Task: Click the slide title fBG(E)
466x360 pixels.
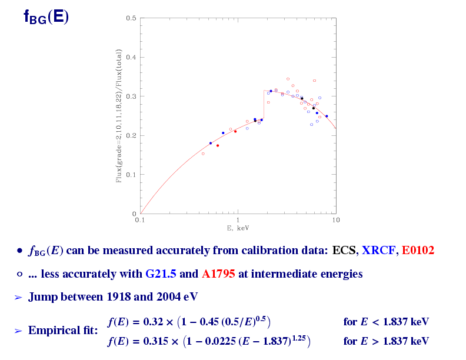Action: pyautogui.click(x=46, y=16)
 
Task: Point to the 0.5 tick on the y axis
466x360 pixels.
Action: pyautogui.click(x=131, y=18)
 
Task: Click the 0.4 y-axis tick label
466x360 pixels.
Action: pyautogui.click(x=131, y=57)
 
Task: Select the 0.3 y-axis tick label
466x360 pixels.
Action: pyautogui.click(x=131, y=96)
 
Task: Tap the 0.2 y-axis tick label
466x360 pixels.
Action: pyautogui.click(x=131, y=135)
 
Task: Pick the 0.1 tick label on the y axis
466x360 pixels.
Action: pyautogui.click(x=131, y=175)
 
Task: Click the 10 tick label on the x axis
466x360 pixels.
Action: pyautogui.click(x=335, y=220)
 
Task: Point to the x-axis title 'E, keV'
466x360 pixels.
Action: pyautogui.click(x=238, y=227)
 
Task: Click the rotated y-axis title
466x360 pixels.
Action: pyautogui.click(x=119, y=116)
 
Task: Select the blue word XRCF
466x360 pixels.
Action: pyautogui.click(x=379, y=251)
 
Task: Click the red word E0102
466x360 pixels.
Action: pyautogui.click(x=418, y=251)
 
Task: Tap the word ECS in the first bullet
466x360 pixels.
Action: pyautogui.click(x=344, y=251)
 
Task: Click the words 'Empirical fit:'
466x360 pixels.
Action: pyautogui.click(x=63, y=331)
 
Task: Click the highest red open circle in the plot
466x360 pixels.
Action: pyautogui.click(x=288, y=79)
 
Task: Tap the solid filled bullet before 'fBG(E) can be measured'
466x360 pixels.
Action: pyautogui.click(x=19, y=251)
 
